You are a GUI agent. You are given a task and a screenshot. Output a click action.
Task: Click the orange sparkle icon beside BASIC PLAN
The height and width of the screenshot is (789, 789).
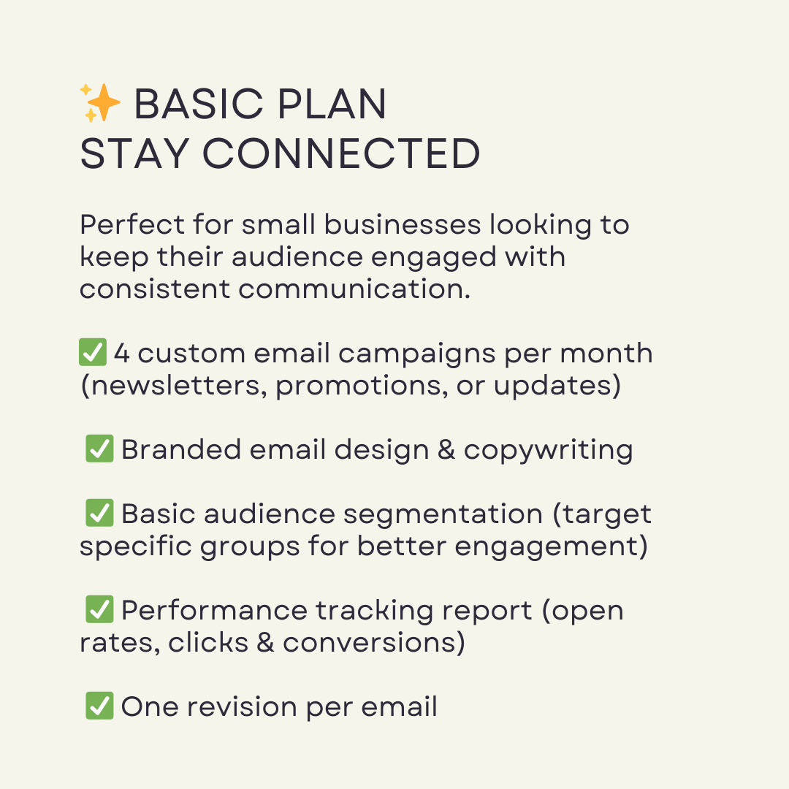(x=100, y=103)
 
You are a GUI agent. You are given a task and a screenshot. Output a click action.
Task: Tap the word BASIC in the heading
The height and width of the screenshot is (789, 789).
(x=199, y=104)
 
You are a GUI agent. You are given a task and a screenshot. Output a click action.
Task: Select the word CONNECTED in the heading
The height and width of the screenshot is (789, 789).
(x=341, y=153)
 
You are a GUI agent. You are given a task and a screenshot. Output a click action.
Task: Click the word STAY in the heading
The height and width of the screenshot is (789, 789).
(x=134, y=153)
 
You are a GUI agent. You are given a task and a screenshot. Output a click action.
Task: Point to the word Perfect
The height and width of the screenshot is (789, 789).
(x=132, y=224)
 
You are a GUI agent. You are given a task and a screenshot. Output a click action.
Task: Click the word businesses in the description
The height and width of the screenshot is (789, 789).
(x=403, y=224)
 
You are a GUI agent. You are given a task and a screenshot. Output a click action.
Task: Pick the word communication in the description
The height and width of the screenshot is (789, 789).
(x=354, y=289)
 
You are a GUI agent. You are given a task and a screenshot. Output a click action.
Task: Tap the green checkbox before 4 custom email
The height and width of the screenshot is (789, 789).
(x=93, y=352)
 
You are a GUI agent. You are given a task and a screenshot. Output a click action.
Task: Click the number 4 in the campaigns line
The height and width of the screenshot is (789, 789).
(x=122, y=354)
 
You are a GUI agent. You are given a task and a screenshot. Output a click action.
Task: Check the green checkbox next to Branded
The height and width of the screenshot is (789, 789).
(x=99, y=449)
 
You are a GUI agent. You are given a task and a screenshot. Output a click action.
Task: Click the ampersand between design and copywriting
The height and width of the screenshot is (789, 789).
(x=446, y=449)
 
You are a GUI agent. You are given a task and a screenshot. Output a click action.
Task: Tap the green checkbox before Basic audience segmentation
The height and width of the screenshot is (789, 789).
(x=99, y=513)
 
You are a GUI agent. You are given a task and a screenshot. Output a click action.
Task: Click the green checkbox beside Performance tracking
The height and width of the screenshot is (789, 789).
(x=99, y=609)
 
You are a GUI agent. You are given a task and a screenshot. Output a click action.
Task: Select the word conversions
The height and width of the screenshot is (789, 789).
(x=368, y=643)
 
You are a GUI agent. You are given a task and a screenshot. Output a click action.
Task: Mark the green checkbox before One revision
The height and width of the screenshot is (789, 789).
(x=99, y=706)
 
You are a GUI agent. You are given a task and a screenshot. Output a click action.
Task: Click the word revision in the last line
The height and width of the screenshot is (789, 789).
(x=242, y=707)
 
